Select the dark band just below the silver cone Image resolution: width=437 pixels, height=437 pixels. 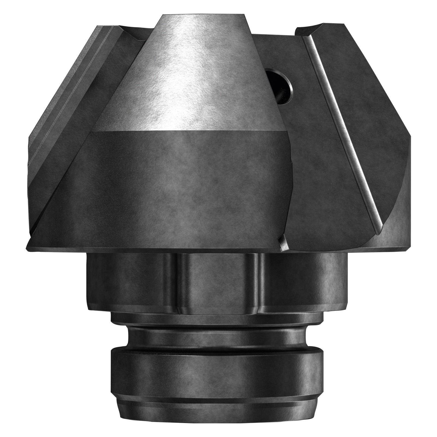[188, 175]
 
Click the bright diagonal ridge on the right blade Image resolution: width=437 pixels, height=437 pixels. [341, 137]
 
